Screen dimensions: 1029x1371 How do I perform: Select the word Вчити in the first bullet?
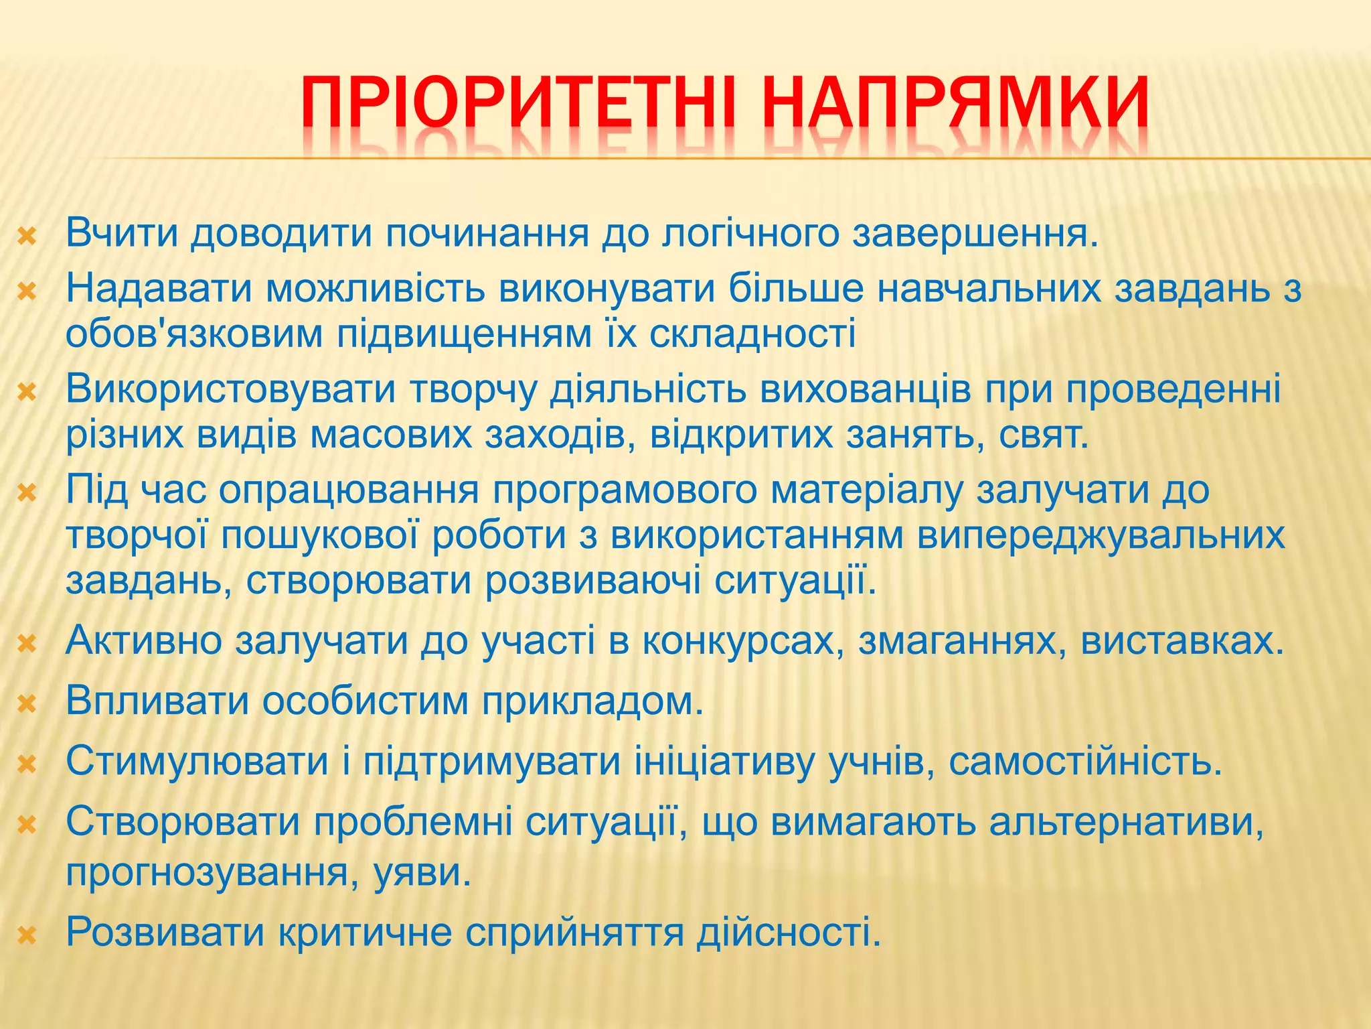(x=123, y=232)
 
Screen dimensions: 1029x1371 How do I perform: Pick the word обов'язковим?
(x=194, y=333)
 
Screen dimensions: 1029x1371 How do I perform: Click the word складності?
(x=752, y=333)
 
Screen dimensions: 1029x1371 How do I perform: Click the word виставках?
(x=1182, y=640)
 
